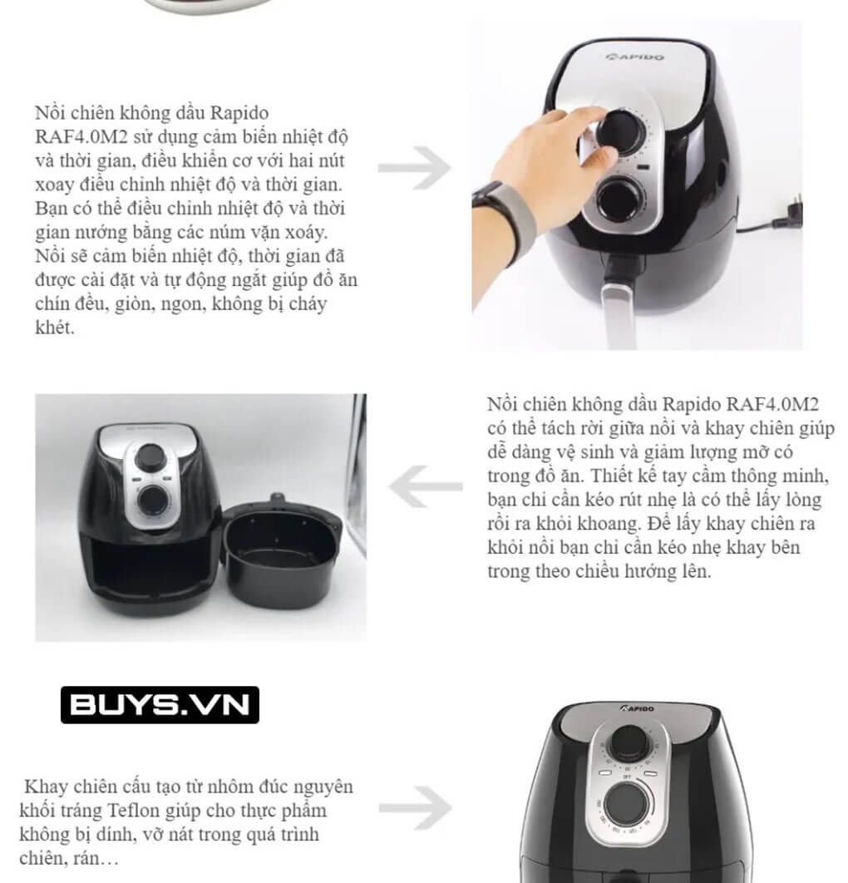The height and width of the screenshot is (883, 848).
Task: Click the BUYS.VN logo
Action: [x=160, y=704]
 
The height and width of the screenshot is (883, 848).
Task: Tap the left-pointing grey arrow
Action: [x=426, y=486]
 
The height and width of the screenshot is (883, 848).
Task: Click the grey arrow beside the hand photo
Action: [x=415, y=167]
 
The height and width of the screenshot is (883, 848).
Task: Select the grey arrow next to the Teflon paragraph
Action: [x=416, y=808]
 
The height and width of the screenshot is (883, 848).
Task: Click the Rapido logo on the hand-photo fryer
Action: [x=634, y=57]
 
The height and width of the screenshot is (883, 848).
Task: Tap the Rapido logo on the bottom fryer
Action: [x=638, y=708]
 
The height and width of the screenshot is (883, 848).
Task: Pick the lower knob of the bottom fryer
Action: [x=626, y=804]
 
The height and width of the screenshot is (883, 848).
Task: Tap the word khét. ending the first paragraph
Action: [x=55, y=328]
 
